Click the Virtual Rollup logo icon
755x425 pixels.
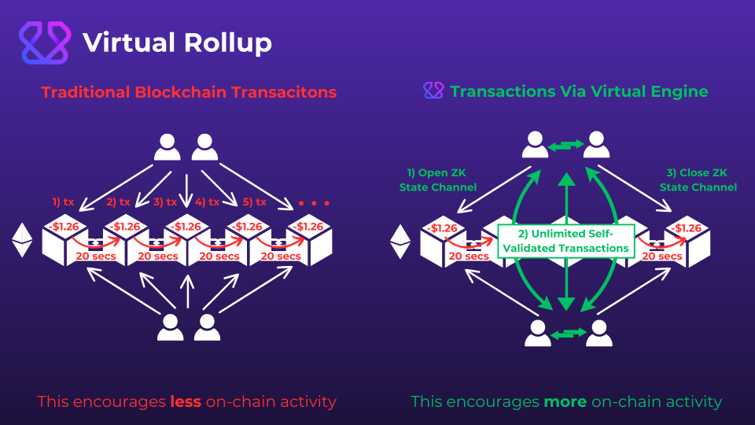click(44, 42)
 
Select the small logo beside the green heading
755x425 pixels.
click(433, 91)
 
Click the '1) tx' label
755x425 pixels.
click(64, 202)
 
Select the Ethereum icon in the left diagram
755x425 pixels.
click(22, 241)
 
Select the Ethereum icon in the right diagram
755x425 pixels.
click(401, 242)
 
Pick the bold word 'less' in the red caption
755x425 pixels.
click(185, 402)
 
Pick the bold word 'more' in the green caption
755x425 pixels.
click(565, 402)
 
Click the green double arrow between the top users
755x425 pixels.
click(565, 145)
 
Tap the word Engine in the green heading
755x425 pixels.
click(680, 92)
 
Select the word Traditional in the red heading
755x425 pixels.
click(87, 92)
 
